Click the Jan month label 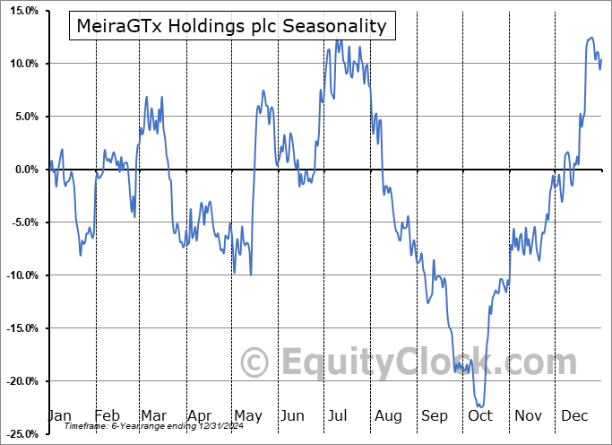pyautogui.click(x=59, y=415)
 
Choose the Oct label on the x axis pyautogui.click(x=480, y=415)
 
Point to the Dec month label pyautogui.click(x=574, y=415)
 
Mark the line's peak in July pyautogui.click(x=338, y=40)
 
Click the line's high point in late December pyautogui.click(x=590, y=38)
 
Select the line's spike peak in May pyautogui.click(x=263, y=91)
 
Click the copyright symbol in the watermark pyautogui.click(x=255, y=363)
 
